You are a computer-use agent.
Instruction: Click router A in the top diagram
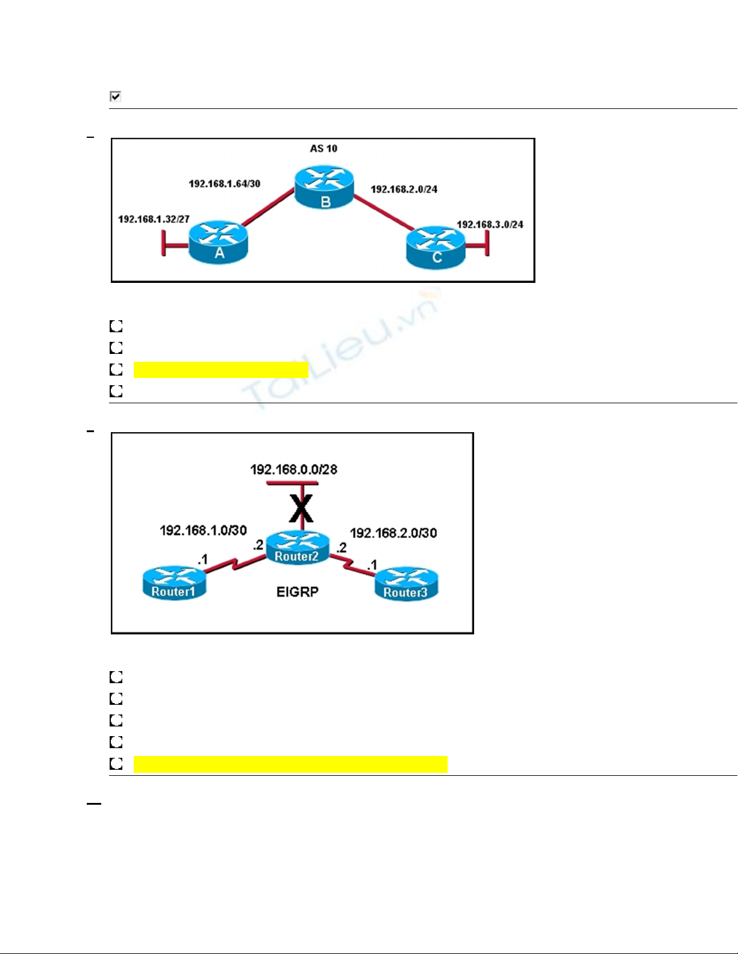click(219, 241)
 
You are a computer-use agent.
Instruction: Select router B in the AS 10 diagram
click(324, 187)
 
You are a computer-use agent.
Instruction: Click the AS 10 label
click(324, 149)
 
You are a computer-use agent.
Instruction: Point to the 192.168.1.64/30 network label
click(224, 184)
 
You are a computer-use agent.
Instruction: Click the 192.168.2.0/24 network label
click(404, 190)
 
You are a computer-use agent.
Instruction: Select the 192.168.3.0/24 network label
click(490, 225)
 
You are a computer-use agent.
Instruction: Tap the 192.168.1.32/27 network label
click(154, 219)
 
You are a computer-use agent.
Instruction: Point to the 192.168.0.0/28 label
click(293, 469)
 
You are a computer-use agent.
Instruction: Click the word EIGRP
click(297, 592)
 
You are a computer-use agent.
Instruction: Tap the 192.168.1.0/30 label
click(203, 530)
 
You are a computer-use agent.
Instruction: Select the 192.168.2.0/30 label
click(393, 533)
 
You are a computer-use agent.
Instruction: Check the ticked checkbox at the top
click(116, 96)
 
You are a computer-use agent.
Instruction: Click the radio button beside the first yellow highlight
click(116, 370)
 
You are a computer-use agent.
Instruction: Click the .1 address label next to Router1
click(202, 560)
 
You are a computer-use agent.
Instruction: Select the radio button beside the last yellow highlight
click(116, 764)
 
